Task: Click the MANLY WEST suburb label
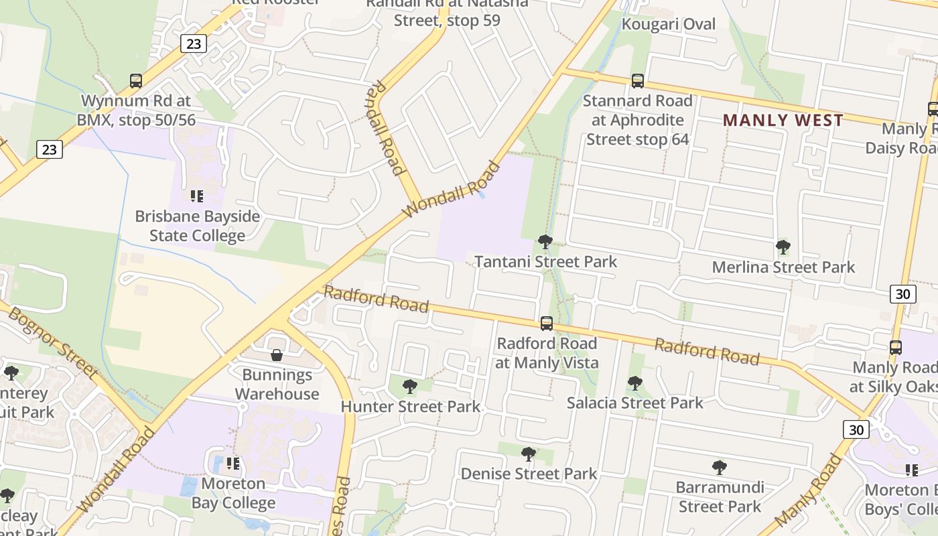click(x=783, y=121)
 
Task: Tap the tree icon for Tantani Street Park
click(x=545, y=241)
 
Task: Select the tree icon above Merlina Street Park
click(x=783, y=247)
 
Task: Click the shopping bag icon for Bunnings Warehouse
click(x=277, y=354)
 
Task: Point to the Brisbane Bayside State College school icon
click(x=196, y=196)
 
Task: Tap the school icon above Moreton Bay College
click(x=232, y=463)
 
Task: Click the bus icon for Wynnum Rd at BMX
click(x=136, y=81)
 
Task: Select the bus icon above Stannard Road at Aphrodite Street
click(x=637, y=81)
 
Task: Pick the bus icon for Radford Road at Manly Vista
click(x=546, y=324)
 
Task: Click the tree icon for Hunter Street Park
click(x=409, y=387)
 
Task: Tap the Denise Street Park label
click(x=529, y=474)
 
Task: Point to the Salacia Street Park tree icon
click(x=634, y=383)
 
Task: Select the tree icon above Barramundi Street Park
click(x=719, y=467)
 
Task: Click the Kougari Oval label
click(x=668, y=25)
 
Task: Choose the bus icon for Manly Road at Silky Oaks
click(x=896, y=348)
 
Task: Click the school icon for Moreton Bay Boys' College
click(x=911, y=470)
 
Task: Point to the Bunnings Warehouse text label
click(x=277, y=384)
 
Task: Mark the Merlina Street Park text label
click(x=783, y=267)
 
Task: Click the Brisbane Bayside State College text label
click(x=197, y=226)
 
